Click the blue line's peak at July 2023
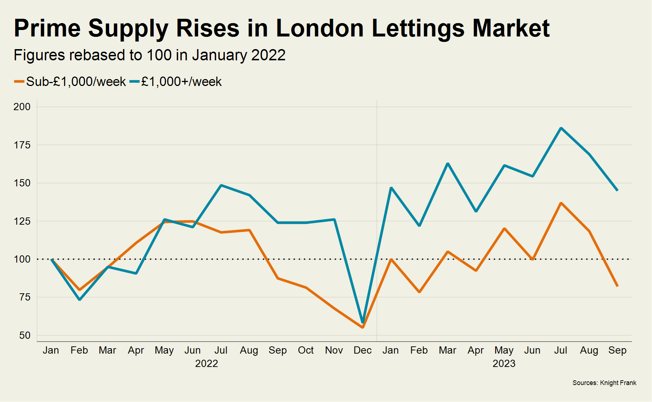coord(561,128)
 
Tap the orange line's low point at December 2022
coord(363,327)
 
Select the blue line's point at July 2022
coord(221,185)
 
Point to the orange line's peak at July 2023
coord(561,203)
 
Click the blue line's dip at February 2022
coord(80,299)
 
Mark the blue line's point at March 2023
coord(448,164)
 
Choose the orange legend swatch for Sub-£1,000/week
coord(19,82)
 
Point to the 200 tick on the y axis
coord(22,107)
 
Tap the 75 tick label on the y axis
coord(25,297)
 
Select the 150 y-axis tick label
coord(22,183)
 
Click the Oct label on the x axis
coord(306,350)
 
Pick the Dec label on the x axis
coord(363,350)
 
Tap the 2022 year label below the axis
coord(206,363)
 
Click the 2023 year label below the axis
coord(504,363)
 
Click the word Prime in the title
coord(47,28)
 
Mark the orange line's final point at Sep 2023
coord(617,286)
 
